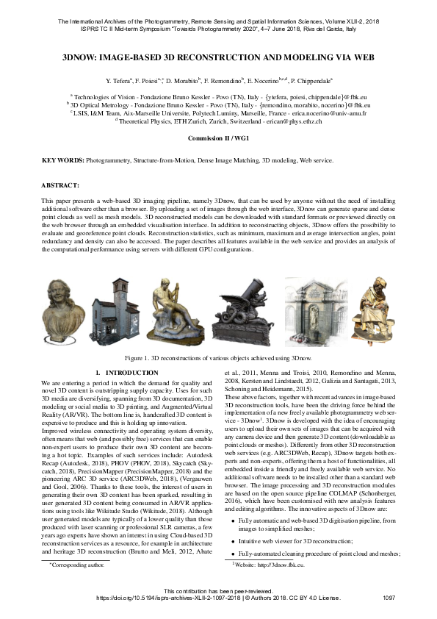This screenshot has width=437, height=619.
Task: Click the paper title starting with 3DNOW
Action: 218,55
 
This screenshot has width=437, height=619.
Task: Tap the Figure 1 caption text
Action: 218,357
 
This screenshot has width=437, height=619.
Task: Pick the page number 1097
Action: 389,598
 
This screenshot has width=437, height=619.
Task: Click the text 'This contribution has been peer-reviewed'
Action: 218,590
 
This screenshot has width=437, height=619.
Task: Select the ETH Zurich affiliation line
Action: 218,121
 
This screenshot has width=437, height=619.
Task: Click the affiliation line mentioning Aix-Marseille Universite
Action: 218,113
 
